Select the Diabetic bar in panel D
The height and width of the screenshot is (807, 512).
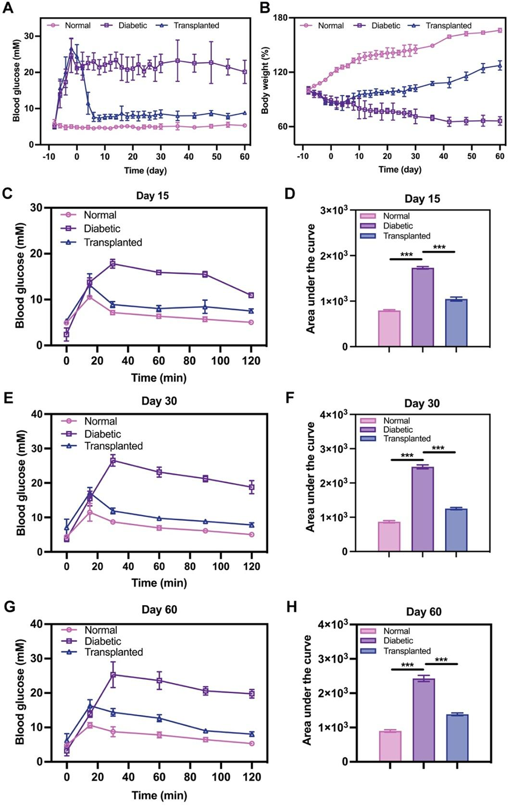point(422,307)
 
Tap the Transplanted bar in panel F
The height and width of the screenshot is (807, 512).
point(456,530)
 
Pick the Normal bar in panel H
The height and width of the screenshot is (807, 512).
point(390,746)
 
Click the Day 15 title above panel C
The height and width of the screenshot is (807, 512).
point(152,195)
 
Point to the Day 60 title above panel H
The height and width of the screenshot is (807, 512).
point(424,612)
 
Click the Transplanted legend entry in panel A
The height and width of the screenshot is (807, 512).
point(196,25)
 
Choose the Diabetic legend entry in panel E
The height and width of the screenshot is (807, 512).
point(102,434)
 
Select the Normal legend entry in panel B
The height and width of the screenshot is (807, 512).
point(331,25)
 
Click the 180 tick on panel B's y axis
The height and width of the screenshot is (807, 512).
point(280,18)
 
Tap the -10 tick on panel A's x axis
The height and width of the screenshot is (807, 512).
point(48,157)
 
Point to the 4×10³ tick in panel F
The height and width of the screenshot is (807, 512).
point(333,415)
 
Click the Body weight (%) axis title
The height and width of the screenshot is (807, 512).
point(265,81)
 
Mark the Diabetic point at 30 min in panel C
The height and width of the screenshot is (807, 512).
point(113,263)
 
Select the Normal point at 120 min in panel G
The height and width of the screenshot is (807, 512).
point(251,744)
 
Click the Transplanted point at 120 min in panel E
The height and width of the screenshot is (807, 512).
point(251,525)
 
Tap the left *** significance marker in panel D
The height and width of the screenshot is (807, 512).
point(406,255)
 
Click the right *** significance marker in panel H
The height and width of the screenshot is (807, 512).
point(441,660)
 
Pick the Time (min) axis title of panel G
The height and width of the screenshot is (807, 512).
point(159,795)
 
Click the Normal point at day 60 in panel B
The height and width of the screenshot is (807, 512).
point(500,31)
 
